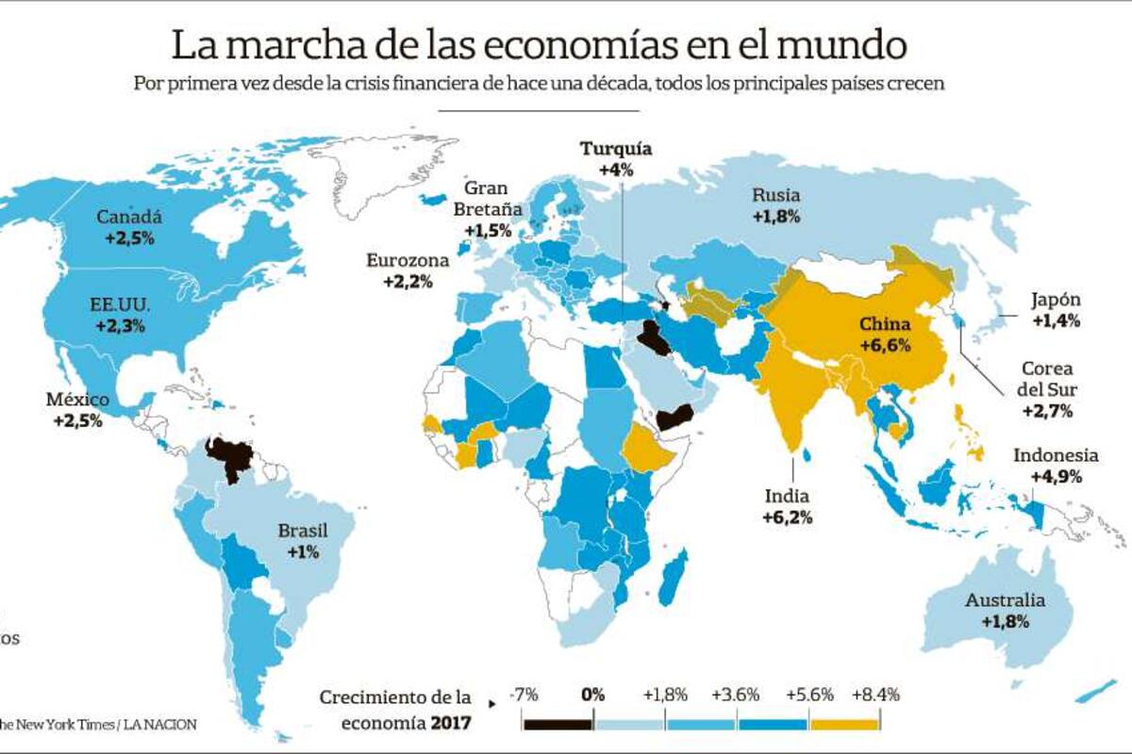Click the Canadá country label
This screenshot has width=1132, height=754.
129,217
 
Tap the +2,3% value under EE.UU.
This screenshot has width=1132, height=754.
120,325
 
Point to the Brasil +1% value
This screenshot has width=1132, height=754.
303,551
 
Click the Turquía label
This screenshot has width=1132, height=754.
616,149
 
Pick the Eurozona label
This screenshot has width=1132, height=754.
408,261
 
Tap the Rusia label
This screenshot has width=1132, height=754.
776,196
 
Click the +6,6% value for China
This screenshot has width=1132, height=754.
885,345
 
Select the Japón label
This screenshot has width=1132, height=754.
1056,301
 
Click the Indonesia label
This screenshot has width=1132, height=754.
1056,456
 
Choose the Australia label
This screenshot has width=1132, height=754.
1005,600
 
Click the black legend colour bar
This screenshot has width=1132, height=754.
558,724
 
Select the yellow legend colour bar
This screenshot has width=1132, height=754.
844,724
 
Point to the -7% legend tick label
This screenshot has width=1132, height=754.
524,695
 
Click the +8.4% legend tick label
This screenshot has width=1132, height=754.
874,695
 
